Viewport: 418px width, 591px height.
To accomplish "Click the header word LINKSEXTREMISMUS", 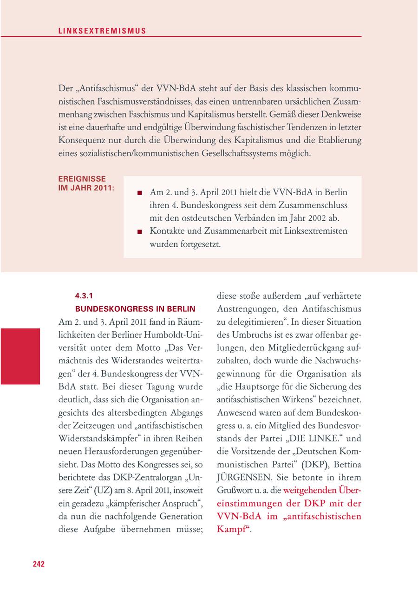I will [x=102, y=31].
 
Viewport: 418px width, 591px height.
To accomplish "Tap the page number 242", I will [x=39, y=564].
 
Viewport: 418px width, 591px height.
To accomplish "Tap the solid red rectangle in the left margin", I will [x=20, y=356].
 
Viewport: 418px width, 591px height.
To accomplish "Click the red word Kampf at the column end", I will [x=232, y=529].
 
